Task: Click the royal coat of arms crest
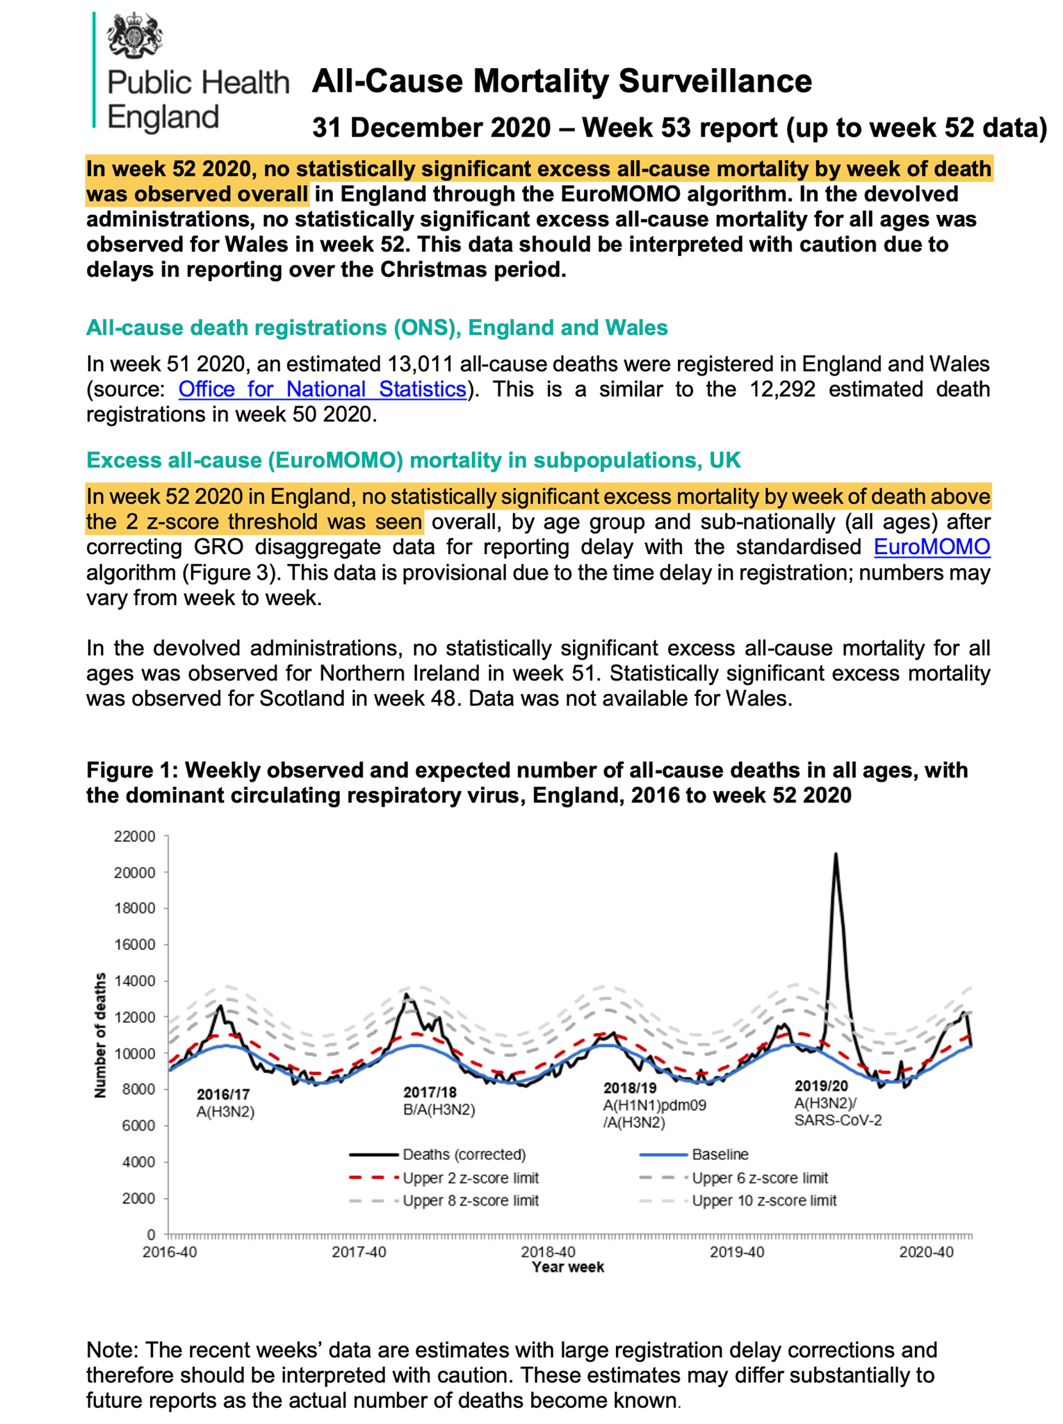click(134, 35)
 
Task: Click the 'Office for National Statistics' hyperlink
click(322, 389)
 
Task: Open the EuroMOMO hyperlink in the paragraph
click(931, 547)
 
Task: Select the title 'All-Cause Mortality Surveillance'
click(561, 82)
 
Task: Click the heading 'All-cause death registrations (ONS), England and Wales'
click(377, 327)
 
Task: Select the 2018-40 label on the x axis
click(548, 1252)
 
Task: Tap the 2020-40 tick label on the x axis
click(925, 1252)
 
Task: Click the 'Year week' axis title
click(567, 1267)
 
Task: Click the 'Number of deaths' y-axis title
click(100, 1035)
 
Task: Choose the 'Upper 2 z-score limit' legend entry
click(470, 1178)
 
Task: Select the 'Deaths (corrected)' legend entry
click(464, 1155)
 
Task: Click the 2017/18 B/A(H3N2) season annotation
click(439, 1101)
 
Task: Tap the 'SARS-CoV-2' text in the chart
click(838, 1120)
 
